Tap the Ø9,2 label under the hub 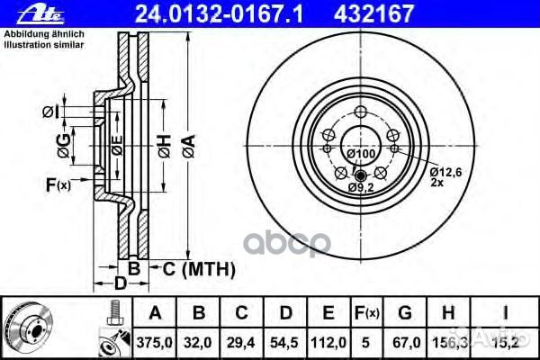click(x=361, y=186)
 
